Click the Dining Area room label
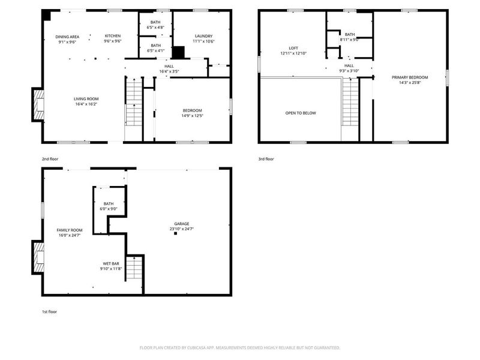pyautogui.click(x=67, y=37)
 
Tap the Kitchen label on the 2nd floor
pyautogui.click(x=113, y=36)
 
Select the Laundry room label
pyautogui.click(x=203, y=36)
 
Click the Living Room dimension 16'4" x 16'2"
pyautogui.click(x=86, y=104)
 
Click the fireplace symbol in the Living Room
pyautogui.click(x=38, y=104)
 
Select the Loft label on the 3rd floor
pyautogui.click(x=293, y=48)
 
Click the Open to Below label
pyautogui.click(x=301, y=113)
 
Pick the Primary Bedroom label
pyautogui.click(x=410, y=77)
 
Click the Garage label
pyautogui.click(x=181, y=223)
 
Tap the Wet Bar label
pyautogui.click(x=111, y=263)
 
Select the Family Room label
pyautogui.click(x=70, y=230)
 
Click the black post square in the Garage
pyautogui.click(x=176, y=235)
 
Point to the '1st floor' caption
pyautogui.click(x=49, y=312)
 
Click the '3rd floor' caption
pyautogui.click(x=266, y=159)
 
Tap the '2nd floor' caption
pyautogui.click(x=49, y=159)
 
